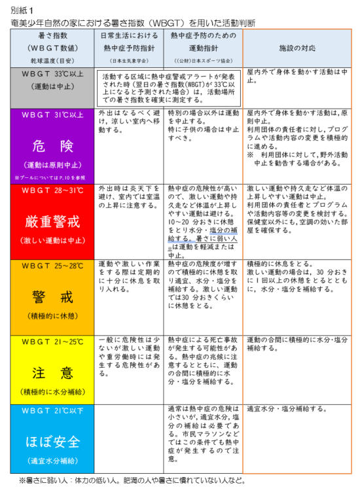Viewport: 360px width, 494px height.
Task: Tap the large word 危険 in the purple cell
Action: point(52,145)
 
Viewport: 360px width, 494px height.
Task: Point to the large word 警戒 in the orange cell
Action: point(52,298)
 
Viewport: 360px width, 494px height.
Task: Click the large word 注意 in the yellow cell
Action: point(52,373)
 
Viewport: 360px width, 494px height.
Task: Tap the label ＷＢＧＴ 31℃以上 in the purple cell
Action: point(52,115)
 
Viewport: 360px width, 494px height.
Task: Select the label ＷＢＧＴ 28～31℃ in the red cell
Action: point(52,190)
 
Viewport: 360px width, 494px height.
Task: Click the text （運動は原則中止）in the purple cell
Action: point(52,164)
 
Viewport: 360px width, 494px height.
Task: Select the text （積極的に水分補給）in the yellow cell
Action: point(52,393)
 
